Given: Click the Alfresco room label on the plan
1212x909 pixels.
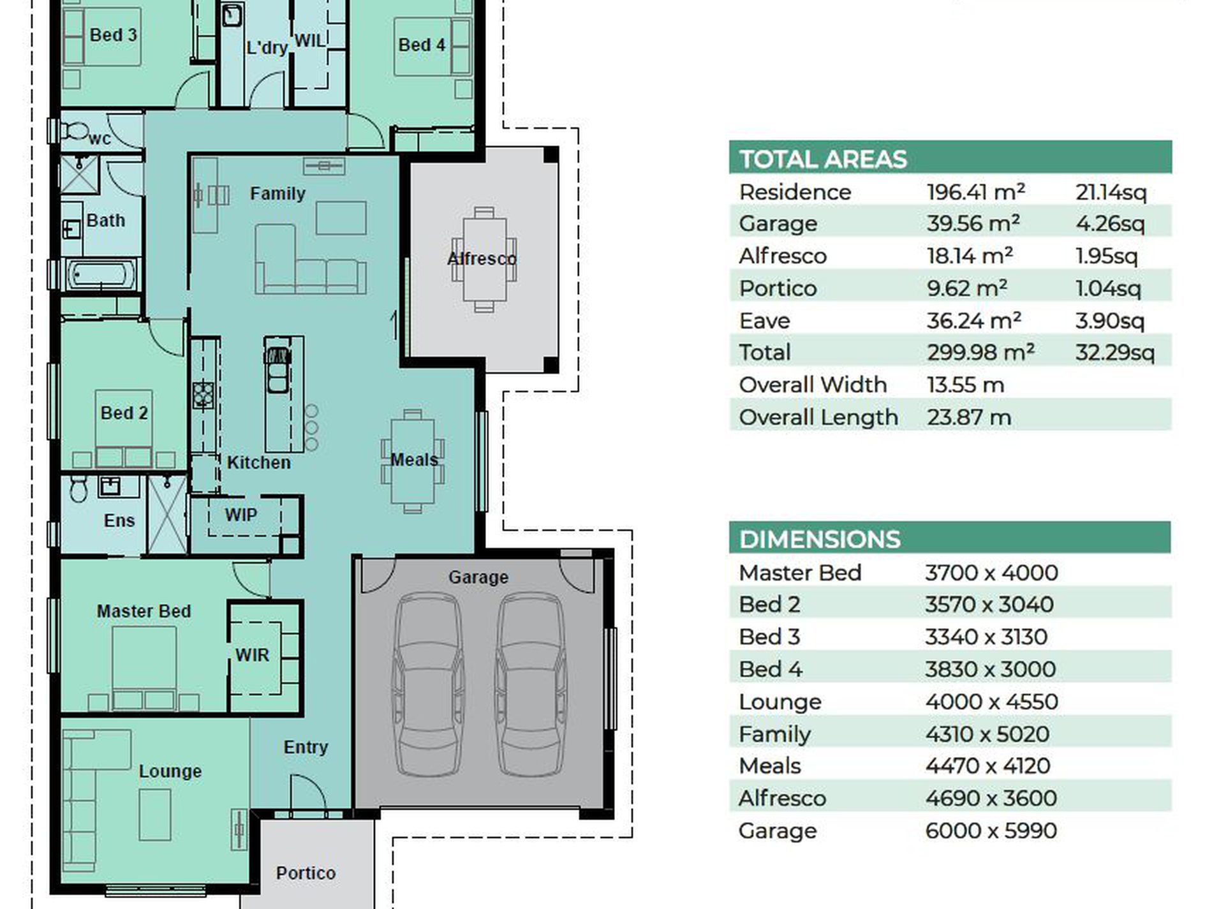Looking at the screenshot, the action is tap(482, 259).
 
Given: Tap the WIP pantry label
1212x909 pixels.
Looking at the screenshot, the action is tap(241, 515).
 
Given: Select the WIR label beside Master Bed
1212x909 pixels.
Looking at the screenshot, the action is tap(252, 655).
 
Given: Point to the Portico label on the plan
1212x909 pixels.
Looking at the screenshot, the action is tap(306, 873).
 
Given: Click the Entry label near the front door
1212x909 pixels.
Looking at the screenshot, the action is tap(306, 748).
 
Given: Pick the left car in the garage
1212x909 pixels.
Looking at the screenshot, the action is tap(428, 684).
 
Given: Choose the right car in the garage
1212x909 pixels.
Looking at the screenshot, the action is tap(531, 684).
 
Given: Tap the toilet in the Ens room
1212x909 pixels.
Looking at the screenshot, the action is tap(78, 488).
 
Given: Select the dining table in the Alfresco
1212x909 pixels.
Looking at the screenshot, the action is tap(484, 260).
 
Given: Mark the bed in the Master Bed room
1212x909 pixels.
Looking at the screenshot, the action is tap(144, 667).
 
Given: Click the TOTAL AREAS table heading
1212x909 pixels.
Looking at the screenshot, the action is tap(823, 159).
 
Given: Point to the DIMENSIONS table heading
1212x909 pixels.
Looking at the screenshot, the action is tap(820, 540).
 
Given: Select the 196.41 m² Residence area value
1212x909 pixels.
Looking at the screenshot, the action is tap(975, 192).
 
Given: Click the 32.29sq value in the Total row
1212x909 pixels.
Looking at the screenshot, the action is tap(1114, 353).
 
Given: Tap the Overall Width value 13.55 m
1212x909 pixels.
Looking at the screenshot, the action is tap(965, 385).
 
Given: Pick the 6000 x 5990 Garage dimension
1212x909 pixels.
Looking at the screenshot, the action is tap(991, 831).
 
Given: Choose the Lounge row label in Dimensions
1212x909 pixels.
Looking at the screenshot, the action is tap(780, 702).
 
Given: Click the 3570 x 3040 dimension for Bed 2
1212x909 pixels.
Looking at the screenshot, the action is tap(989, 605).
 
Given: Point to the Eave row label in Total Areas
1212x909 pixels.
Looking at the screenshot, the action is tap(764, 321).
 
